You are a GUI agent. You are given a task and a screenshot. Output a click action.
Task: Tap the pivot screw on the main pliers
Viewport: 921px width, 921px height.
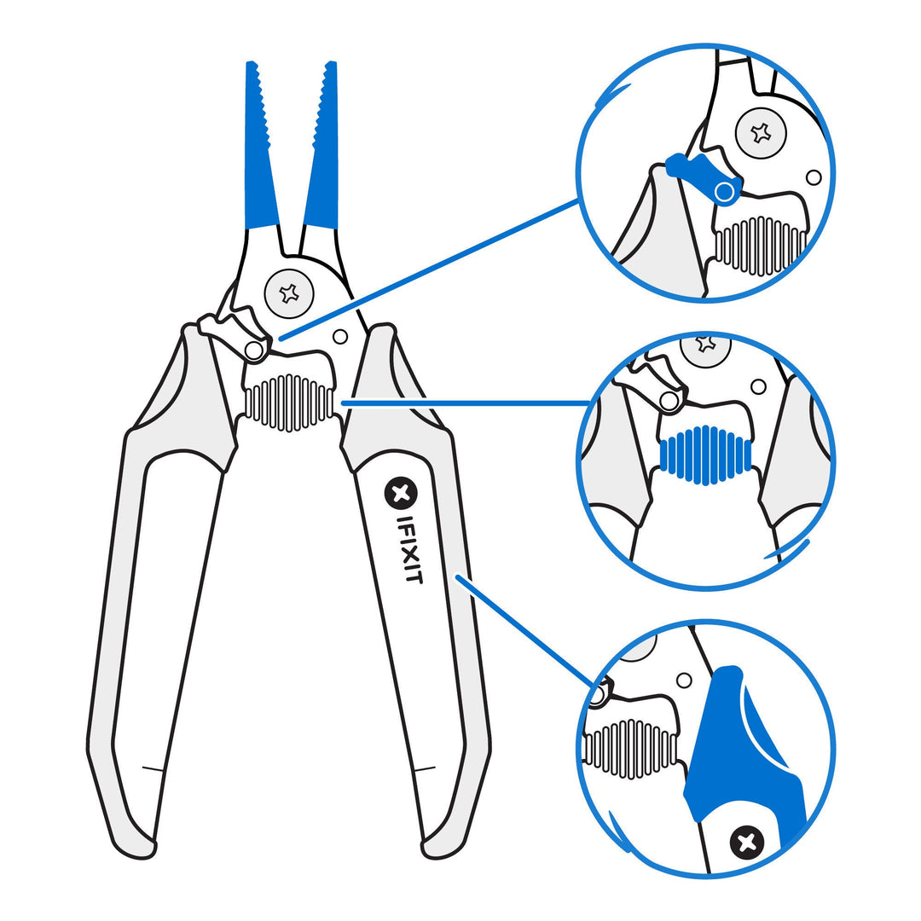(290, 293)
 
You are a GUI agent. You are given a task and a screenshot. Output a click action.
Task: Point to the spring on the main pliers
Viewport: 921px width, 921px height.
(290, 402)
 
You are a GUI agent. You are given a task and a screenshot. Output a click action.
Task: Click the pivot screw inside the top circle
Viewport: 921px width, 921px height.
(760, 132)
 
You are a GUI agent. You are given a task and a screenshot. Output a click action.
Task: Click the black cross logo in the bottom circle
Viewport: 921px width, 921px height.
(747, 843)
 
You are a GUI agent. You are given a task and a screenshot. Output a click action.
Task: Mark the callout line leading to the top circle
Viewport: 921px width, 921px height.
(426, 269)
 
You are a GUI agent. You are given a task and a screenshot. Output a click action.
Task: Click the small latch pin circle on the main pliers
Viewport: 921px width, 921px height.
(253, 350)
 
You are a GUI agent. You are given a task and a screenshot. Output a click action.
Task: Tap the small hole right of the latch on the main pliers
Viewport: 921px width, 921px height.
(340, 337)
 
